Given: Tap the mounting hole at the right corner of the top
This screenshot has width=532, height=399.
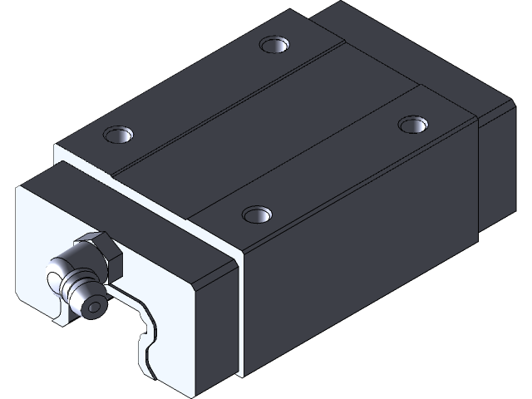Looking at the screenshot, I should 410,125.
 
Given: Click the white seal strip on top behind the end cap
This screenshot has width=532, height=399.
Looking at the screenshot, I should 83,158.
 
